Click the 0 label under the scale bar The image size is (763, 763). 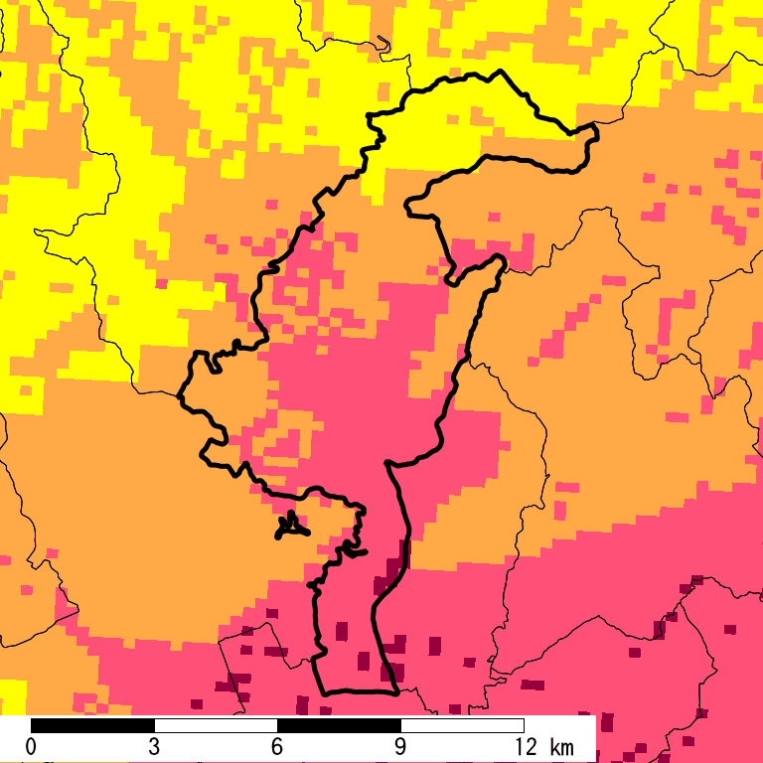31,747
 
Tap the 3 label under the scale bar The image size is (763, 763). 154,747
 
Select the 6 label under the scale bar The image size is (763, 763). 277,747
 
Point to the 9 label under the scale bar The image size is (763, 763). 400,747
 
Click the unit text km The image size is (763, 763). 561,747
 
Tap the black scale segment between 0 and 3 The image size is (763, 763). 92,725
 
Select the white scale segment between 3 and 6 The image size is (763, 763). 216,725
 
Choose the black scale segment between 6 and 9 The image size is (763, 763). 339,725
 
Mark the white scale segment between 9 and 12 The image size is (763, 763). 462,725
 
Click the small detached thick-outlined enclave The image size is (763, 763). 289,526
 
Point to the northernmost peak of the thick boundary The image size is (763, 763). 500,72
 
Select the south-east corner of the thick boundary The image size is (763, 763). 396,689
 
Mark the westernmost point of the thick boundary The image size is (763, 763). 180,396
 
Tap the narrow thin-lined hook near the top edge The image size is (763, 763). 383,43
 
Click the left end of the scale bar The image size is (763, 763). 31,725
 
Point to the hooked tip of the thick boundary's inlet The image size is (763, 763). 500,260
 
